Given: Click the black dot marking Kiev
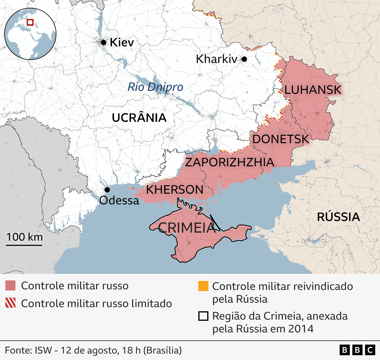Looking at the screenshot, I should [x=103, y=42].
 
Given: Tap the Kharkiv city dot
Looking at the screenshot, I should [x=244, y=59].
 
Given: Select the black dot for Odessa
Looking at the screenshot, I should [x=107, y=190].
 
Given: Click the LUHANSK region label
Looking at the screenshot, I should [x=313, y=90].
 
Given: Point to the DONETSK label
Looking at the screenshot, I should [x=281, y=139].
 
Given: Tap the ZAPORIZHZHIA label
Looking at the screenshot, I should [x=229, y=162].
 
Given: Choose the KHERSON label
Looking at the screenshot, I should [x=175, y=190].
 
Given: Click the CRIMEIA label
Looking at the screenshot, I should [x=186, y=228].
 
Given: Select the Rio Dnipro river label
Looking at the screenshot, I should [x=155, y=87].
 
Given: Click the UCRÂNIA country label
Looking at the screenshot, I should [x=139, y=118].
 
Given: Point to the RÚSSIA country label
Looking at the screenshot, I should [x=338, y=217].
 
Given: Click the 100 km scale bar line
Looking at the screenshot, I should [x=24, y=245].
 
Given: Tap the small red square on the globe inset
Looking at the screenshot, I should [x=30, y=22].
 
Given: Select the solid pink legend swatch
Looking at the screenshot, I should [x=10, y=285].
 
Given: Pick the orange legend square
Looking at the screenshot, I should [x=203, y=286].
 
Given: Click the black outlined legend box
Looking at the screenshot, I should [x=203, y=316].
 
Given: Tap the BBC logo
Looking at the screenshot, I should [x=357, y=350].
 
